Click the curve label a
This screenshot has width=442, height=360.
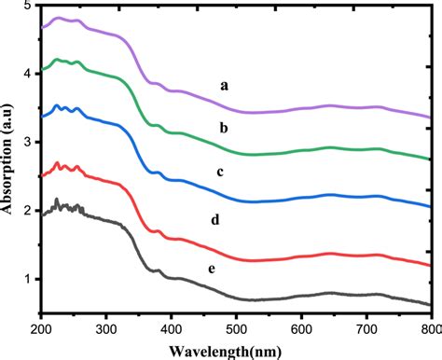pos(224,85)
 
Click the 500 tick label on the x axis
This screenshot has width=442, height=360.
pos(236,329)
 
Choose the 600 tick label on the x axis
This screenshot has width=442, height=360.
pos(301,329)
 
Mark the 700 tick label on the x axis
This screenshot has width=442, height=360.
pos(366,329)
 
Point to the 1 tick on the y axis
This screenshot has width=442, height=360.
pos(30,279)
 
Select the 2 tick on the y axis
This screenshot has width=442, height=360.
pos(30,211)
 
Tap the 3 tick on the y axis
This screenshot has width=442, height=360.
pos(30,142)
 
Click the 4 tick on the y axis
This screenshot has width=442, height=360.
pos(30,74)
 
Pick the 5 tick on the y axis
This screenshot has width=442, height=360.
pos(30,7)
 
